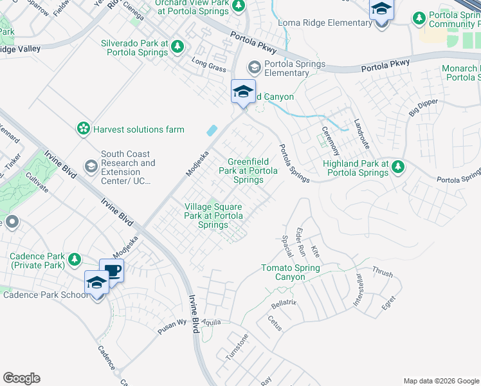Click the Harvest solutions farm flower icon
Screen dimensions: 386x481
pos(83,129)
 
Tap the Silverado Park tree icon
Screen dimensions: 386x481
pos(177,47)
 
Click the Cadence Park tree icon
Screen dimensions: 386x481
pos(75,259)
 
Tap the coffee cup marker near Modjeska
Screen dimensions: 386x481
pos(111,270)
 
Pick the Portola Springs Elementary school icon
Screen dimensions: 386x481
pos(255,67)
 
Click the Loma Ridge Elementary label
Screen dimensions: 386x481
pos(325,23)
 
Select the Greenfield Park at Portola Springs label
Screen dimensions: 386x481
pos(248,171)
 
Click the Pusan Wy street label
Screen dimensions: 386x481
pos(173,327)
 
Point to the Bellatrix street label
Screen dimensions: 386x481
pos(284,302)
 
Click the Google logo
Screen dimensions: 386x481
pos(21,378)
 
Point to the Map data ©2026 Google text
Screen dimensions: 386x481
pos(440,381)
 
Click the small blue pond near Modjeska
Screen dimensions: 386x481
pos(212,130)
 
